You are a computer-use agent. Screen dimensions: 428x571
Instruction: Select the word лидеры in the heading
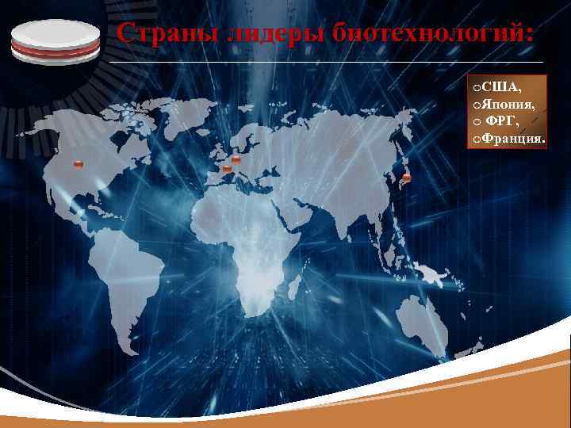click(x=252, y=35)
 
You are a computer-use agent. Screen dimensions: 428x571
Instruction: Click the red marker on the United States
click(x=78, y=164)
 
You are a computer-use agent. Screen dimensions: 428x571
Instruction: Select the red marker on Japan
click(x=407, y=177)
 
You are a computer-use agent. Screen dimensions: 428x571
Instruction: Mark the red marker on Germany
click(x=236, y=159)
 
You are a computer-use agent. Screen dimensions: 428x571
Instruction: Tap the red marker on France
click(x=227, y=169)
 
